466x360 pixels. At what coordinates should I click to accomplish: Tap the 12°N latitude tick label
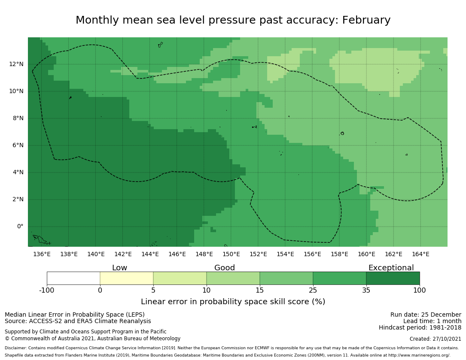click(x=16, y=64)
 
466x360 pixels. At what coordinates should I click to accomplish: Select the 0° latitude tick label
click(x=20, y=227)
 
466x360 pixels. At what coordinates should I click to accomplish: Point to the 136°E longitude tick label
click(x=42, y=254)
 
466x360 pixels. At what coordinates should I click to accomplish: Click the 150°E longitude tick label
click(x=231, y=254)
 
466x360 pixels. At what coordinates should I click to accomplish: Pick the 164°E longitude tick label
click(x=420, y=254)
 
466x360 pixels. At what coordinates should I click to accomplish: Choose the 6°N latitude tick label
click(x=18, y=145)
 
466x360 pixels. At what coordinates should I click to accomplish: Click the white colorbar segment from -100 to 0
click(x=73, y=278)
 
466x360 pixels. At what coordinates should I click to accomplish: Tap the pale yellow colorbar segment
click(x=127, y=278)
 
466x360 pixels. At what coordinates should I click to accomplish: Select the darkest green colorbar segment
click(x=393, y=278)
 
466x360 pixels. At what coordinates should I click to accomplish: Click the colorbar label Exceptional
click(x=391, y=268)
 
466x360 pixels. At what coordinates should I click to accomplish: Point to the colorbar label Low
click(x=119, y=268)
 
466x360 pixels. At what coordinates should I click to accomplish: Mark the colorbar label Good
click(x=225, y=268)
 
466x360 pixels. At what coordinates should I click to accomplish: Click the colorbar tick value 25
click(x=313, y=290)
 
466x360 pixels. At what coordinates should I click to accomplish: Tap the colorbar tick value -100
click(x=47, y=290)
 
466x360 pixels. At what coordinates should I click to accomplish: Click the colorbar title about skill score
click(x=233, y=302)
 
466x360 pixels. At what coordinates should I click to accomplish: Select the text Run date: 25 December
click(x=426, y=315)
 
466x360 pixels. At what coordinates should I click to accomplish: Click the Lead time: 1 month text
click(x=432, y=321)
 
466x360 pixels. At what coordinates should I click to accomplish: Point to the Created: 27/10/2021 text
click(x=435, y=339)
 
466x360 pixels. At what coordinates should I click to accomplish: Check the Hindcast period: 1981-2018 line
click(x=420, y=328)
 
